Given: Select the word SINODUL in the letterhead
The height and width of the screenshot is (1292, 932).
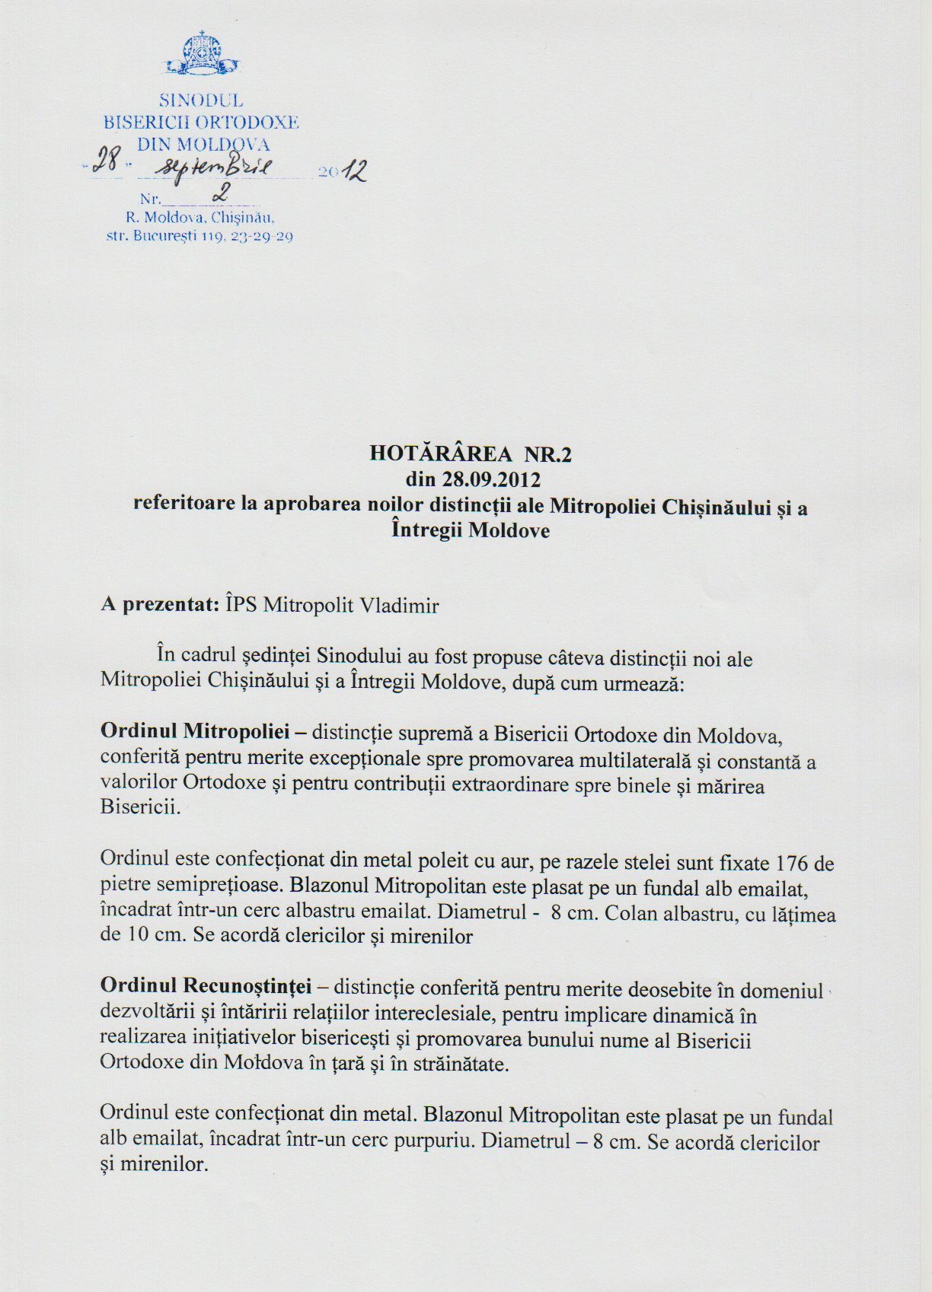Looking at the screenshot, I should [201, 100].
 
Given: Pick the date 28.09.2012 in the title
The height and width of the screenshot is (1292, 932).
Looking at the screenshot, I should [492, 480].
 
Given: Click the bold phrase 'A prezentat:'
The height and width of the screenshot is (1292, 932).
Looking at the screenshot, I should [160, 605].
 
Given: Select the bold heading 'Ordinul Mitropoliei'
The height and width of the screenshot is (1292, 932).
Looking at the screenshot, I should [195, 732].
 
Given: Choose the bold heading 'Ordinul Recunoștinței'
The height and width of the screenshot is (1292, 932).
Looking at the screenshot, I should [206, 986].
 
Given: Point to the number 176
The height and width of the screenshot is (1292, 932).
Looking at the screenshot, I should [792, 863].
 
